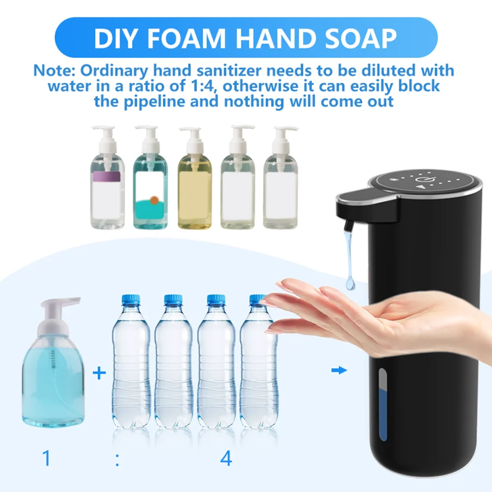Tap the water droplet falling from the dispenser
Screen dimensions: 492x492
click(x=350, y=282)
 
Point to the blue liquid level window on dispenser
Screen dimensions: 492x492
click(x=383, y=405)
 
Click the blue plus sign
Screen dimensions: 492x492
click(x=98, y=374)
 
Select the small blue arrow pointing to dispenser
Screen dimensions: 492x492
click(x=339, y=371)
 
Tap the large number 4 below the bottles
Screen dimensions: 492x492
click(x=226, y=458)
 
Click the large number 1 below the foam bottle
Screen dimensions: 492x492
click(x=46, y=458)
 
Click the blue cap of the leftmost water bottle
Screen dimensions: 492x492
click(x=131, y=300)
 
